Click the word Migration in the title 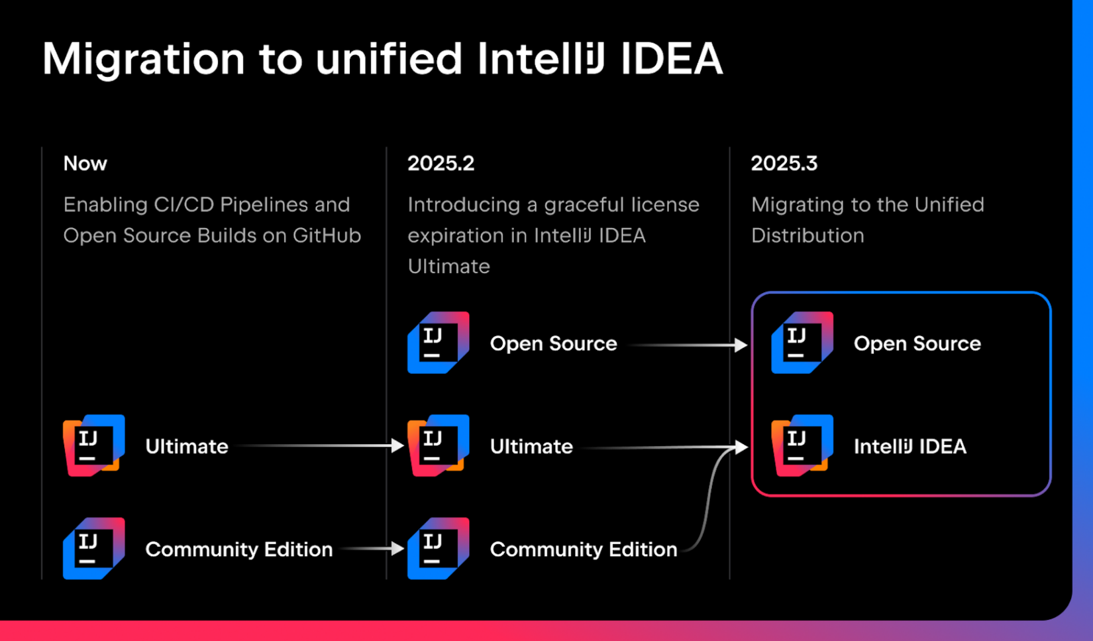click(x=143, y=60)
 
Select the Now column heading click(x=85, y=163)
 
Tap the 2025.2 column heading click(x=441, y=163)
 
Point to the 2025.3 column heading click(x=784, y=163)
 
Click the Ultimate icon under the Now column click(x=93, y=445)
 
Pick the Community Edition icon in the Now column click(x=93, y=548)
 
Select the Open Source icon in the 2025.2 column click(x=438, y=343)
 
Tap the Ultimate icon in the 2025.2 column click(x=438, y=445)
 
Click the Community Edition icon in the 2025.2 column click(x=438, y=548)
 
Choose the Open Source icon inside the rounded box click(x=802, y=343)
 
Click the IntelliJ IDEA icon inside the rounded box click(x=802, y=445)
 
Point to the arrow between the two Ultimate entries click(x=318, y=445)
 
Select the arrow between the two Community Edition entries click(x=371, y=548)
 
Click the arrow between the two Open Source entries click(x=689, y=345)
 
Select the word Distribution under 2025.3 click(x=807, y=235)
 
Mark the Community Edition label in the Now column click(x=238, y=549)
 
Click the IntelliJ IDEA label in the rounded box click(x=910, y=446)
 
